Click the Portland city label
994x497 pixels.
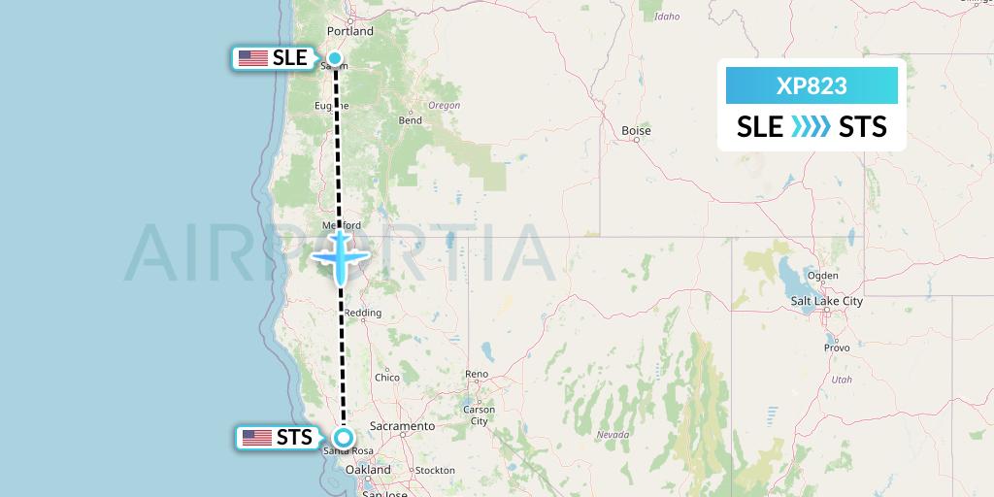coord(350,31)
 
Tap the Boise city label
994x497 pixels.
coord(636,130)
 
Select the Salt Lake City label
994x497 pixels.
coord(826,302)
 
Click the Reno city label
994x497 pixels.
coord(477,374)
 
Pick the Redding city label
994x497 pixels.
coord(363,313)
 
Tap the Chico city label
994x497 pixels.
coord(386,378)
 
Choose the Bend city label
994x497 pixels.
coord(410,120)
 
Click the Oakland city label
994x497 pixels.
coord(368,470)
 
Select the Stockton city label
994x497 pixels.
coord(433,471)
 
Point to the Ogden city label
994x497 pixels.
coord(822,276)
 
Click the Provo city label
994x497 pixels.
coord(837,348)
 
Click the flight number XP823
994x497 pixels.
coord(812,86)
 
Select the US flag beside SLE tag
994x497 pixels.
coord(253,58)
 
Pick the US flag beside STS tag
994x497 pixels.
coord(257,438)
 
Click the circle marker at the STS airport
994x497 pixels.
coord(343,437)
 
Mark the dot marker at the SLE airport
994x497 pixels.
coord(335,58)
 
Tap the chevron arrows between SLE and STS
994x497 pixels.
coord(811,127)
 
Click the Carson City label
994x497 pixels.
coord(480,415)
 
